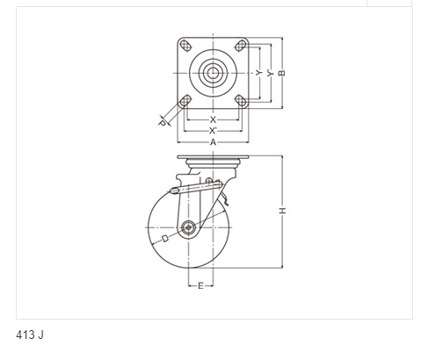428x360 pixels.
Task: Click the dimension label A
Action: [x=213, y=142]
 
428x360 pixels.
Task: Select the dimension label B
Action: [x=282, y=73]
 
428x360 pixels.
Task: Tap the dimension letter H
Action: [x=282, y=211]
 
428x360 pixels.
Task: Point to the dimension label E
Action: [x=200, y=285]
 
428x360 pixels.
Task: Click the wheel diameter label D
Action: [x=165, y=239]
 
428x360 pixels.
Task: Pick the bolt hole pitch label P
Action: [x=162, y=123]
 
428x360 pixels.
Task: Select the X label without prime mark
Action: [x=213, y=119]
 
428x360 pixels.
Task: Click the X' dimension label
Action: [x=213, y=131]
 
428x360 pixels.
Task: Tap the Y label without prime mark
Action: [x=258, y=73]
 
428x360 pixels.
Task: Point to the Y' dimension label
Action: [x=270, y=73]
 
